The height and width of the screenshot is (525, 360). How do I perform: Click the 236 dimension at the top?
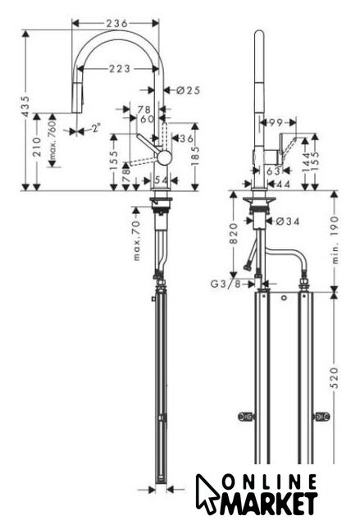[116, 24]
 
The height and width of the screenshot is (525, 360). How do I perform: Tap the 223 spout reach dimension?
[120, 69]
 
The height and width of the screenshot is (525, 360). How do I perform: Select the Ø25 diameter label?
[188, 90]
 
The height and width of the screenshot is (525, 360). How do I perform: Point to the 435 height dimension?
[25, 106]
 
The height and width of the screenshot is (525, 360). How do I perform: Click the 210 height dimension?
[37, 147]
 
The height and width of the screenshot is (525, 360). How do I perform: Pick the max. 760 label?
[52, 140]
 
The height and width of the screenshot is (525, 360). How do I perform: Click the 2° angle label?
[96, 128]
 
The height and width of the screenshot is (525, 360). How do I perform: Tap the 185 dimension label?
[195, 153]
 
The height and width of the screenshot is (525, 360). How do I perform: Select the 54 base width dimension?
[162, 180]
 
